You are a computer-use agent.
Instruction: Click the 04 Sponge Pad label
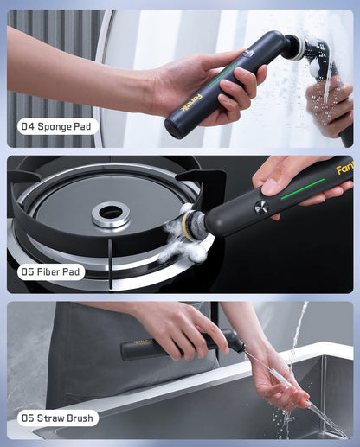58,126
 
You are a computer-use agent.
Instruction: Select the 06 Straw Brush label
58,418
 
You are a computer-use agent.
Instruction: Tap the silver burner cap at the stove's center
111,214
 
